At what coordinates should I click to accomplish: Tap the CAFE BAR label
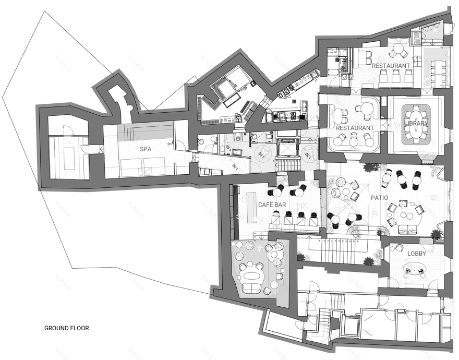coord(270,205)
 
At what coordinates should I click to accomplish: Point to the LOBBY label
coord(417,254)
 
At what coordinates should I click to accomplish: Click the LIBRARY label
coord(416,123)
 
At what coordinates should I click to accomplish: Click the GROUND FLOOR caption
coord(66,329)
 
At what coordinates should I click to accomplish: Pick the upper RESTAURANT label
coord(390,66)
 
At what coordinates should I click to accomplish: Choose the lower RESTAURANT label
coord(355,128)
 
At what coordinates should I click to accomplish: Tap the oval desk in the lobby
coord(416,269)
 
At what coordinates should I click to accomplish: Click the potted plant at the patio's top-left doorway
coord(371,169)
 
